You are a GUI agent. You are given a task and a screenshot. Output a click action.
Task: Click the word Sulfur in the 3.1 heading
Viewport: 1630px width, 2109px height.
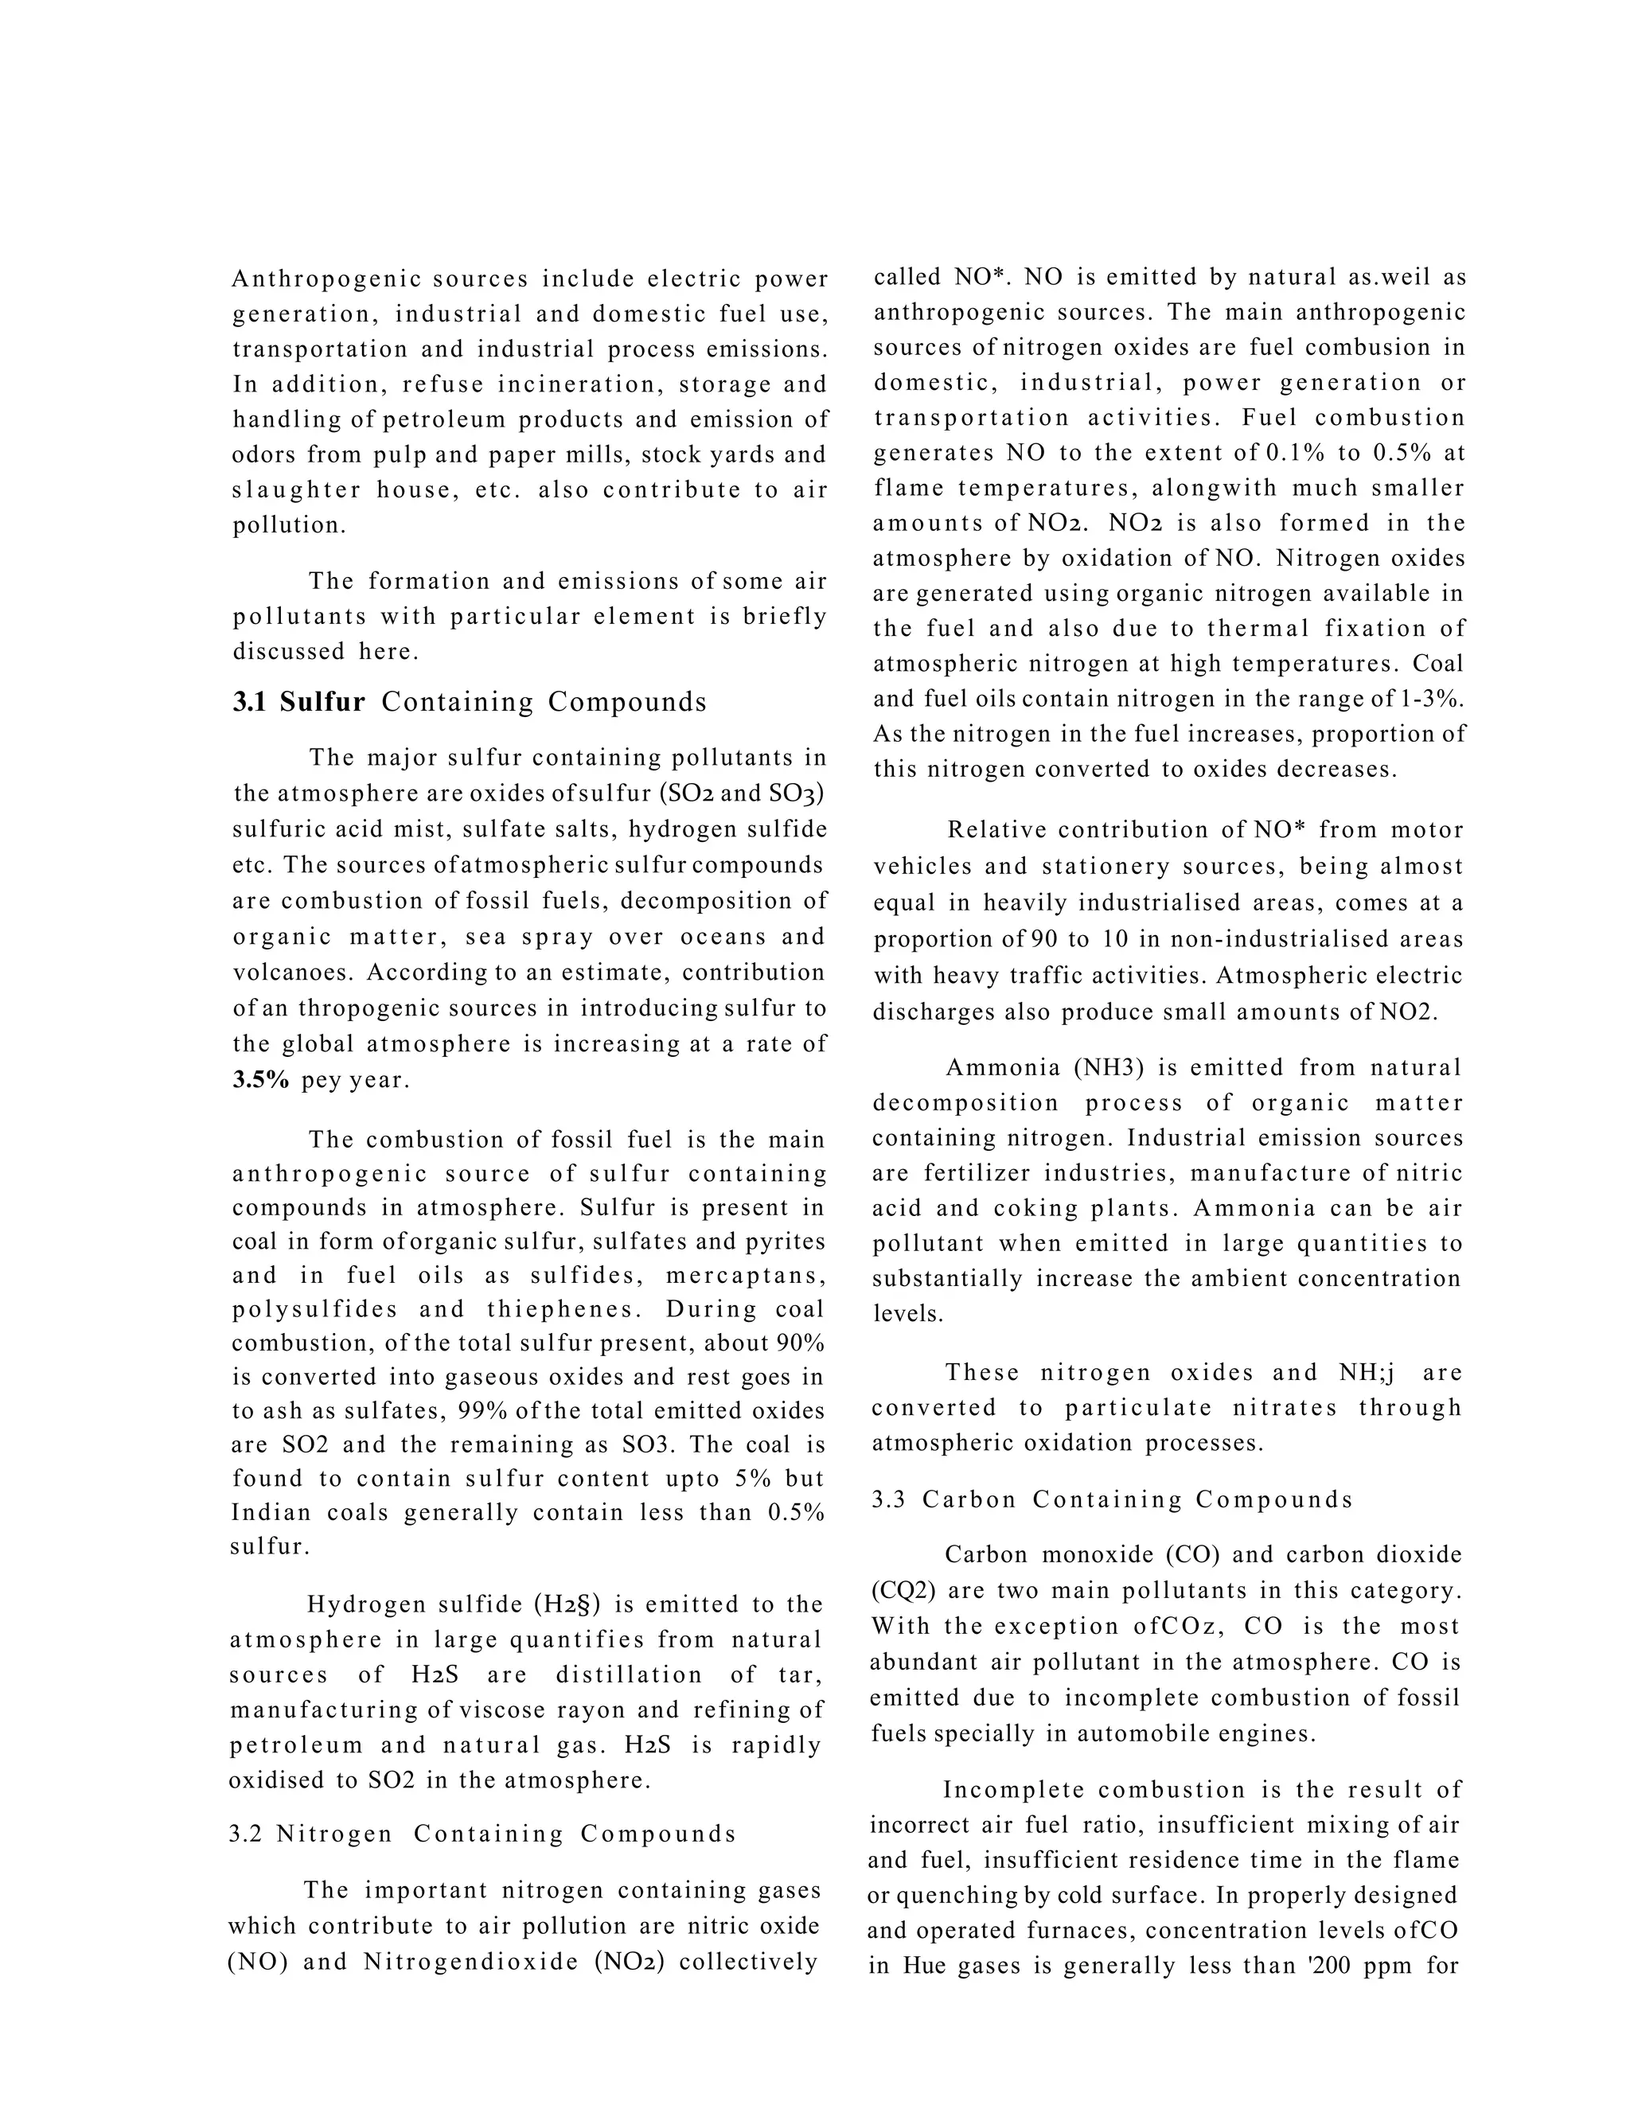[322, 702]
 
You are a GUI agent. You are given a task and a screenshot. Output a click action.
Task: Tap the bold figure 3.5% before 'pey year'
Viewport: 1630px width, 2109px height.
[261, 1080]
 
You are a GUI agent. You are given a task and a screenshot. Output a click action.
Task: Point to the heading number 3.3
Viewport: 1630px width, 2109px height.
[888, 1499]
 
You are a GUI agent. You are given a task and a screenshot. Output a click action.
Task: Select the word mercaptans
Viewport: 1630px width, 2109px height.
[746, 1276]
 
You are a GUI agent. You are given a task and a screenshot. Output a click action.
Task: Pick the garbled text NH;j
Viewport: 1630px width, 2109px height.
[1367, 1372]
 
